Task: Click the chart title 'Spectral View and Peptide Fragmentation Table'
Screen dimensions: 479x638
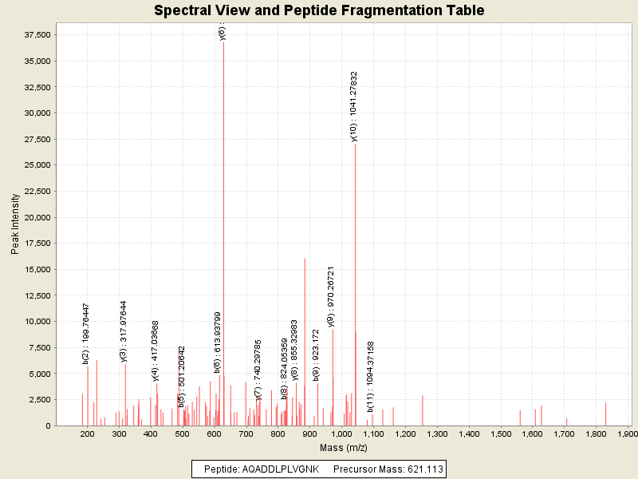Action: (x=319, y=10)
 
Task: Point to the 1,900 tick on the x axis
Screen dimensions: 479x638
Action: (x=628, y=434)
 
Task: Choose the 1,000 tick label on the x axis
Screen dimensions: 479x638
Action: (x=341, y=434)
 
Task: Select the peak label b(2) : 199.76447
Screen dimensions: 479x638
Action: (x=86, y=334)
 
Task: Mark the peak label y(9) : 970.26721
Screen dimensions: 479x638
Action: (x=331, y=297)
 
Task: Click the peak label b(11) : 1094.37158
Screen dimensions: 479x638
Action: (x=371, y=377)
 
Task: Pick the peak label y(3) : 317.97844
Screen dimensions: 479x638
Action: (x=124, y=331)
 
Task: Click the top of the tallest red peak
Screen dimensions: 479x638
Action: (x=223, y=42)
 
